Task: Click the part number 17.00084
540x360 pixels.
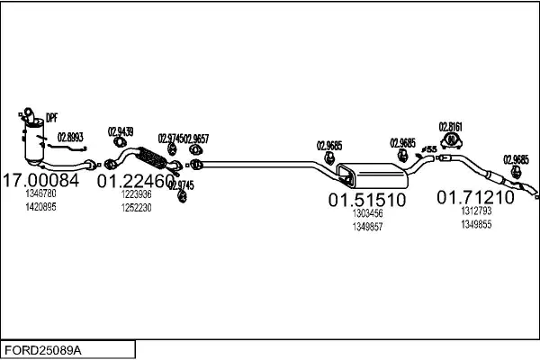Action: tap(42, 180)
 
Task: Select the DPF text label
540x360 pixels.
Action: tap(51, 116)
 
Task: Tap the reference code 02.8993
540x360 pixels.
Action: tap(70, 136)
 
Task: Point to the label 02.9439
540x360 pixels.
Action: tap(121, 131)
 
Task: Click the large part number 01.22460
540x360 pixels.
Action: tap(136, 181)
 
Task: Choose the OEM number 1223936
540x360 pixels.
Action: tap(137, 194)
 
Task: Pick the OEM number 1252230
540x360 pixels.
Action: tap(137, 207)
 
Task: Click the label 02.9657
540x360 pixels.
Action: tap(197, 138)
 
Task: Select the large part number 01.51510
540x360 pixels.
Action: tap(366, 199)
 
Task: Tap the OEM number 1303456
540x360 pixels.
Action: tap(366, 213)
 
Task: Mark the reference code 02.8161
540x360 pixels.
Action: tap(450, 126)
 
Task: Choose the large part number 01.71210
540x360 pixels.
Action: tap(475, 197)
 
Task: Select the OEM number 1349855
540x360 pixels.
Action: tap(476, 224)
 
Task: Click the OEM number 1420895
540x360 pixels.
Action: tap(41, 206)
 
